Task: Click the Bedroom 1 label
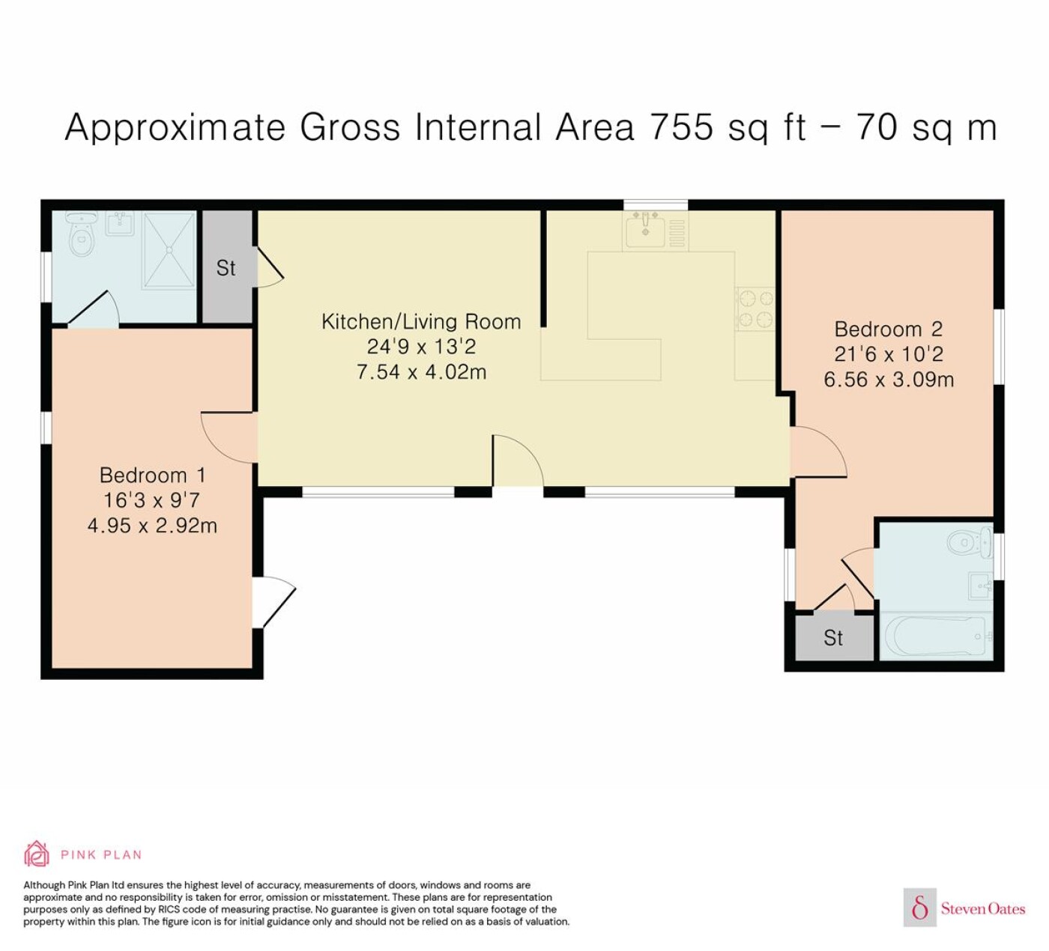(x=152, y=475)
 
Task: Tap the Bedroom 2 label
(x=888, y=329)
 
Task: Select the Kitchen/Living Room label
(x=421, y=321)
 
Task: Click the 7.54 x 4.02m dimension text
(x=421, y=372)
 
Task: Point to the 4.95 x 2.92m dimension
(x=152, y=526)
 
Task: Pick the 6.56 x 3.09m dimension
(x=889, y=380)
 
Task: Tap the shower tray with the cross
(x=169, y=250)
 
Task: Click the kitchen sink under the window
(x=646, y=230)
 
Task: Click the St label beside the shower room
(x=226, y=268)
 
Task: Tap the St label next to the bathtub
(x=833, y=638)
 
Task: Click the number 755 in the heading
(x=682, y=127)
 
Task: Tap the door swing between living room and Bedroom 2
(x=818, y=452)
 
